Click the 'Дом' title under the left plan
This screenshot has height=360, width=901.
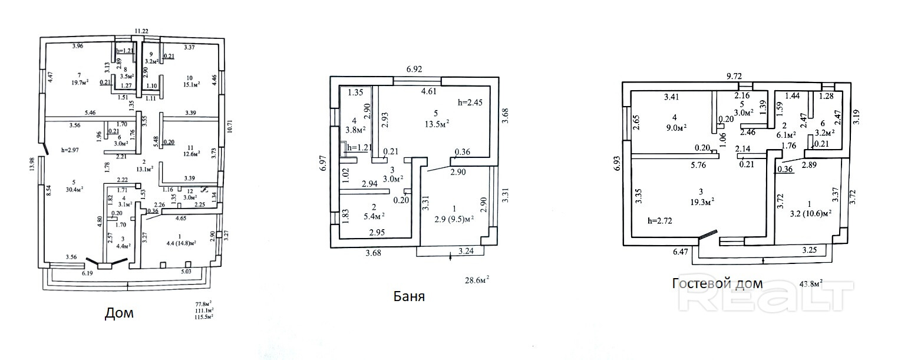coord(119,313)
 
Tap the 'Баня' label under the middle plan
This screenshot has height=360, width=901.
coord(409,296)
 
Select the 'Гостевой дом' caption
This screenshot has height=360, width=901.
coord(717,283)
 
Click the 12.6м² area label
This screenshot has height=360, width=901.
coord(190,155)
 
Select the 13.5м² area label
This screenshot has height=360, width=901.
coord(435,123)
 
